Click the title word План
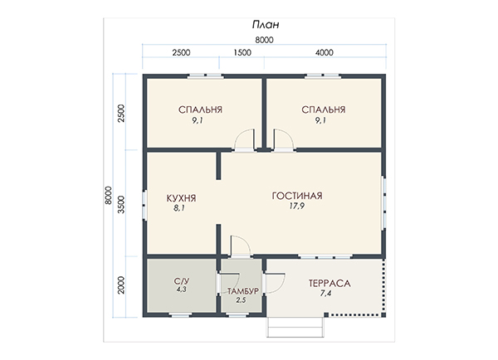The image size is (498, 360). point(266,24)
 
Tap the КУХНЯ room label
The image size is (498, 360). point(181,198)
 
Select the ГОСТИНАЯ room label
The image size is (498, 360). point(297,196)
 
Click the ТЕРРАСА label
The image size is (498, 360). point(330,283)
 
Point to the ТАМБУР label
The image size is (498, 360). point(243,291)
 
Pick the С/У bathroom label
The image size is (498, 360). point(182,281)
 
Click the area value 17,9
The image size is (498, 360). point(296,206)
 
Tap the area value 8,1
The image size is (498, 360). point(179,208)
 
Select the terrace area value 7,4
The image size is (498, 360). point(325,294)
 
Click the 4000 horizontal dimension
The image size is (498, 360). point(325,52)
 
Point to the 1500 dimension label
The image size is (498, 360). point(242,52)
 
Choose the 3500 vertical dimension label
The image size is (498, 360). point(121,204)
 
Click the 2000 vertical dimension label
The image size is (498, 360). point(121,285)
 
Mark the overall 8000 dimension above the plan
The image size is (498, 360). point(264,40)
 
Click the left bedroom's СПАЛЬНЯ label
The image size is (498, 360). point(200,109)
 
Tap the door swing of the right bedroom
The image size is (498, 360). point(283,139)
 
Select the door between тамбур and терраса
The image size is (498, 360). point(275,283)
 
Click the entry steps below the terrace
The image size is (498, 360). point(295,327)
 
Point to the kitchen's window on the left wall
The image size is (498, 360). point(144,205)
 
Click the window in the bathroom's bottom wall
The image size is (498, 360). point(180,315)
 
